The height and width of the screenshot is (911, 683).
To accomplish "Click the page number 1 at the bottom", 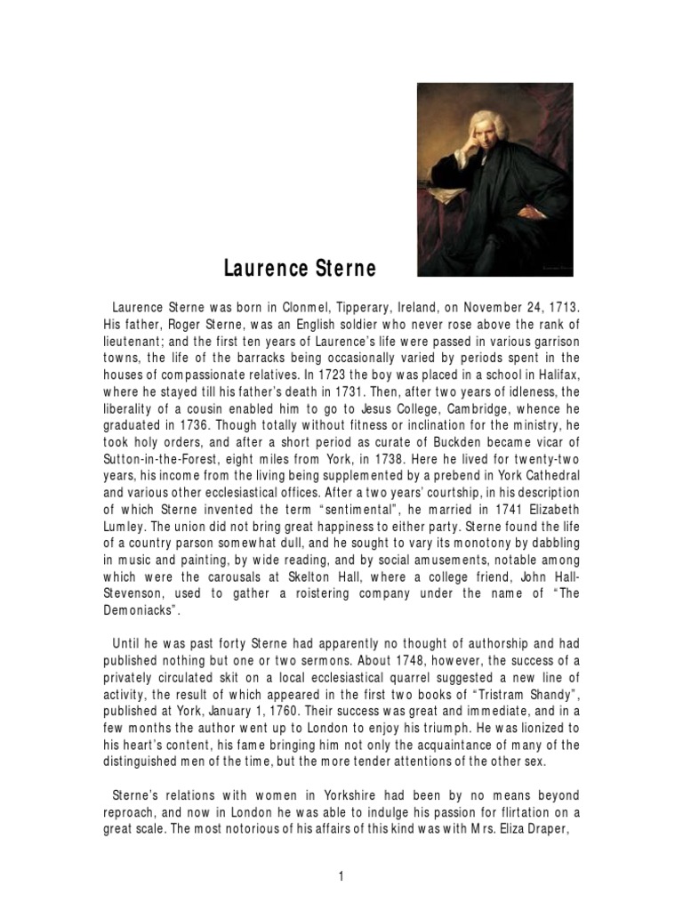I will pyautogui.click(x=341, y=851).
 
